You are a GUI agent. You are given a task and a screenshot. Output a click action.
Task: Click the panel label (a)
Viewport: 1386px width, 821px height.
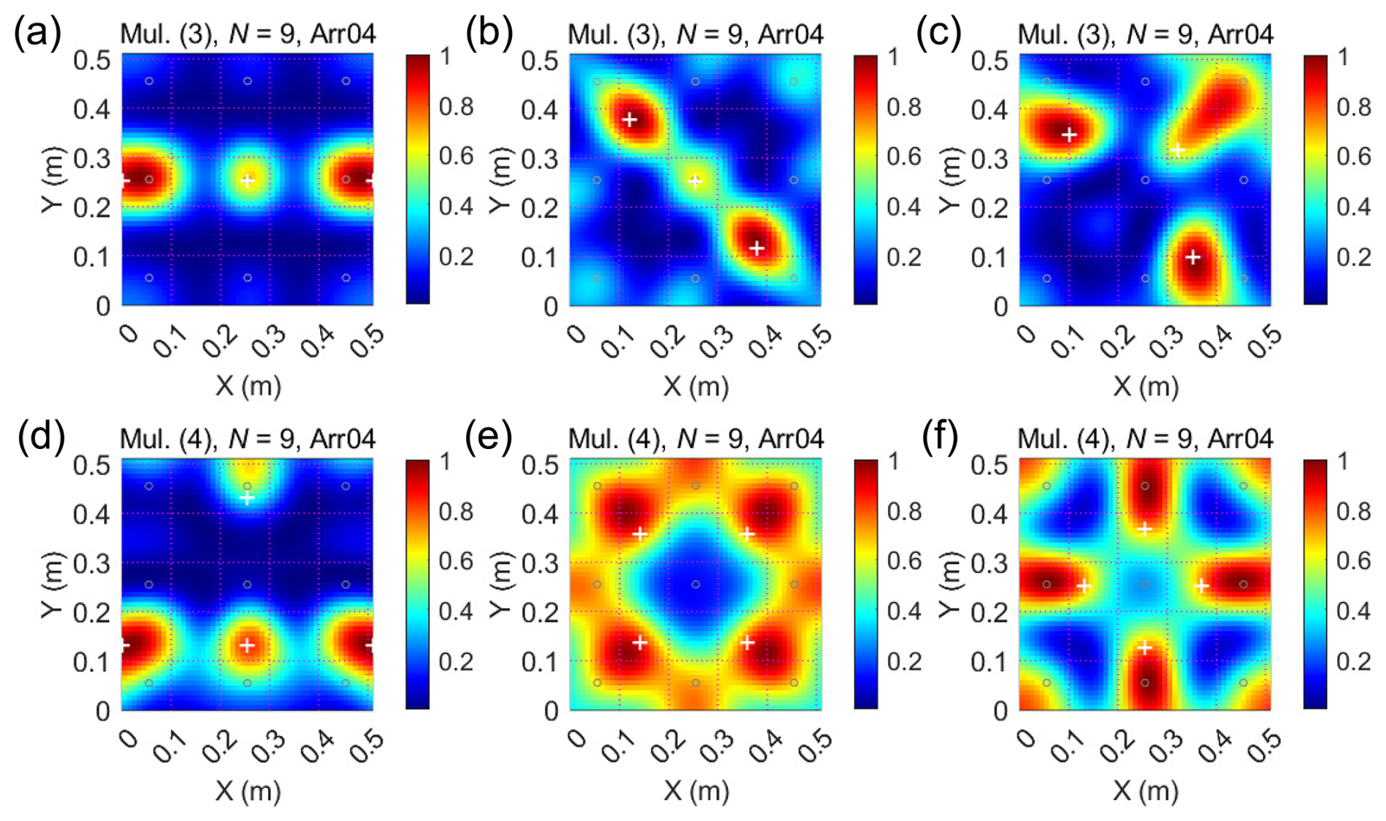(x=37, y=32)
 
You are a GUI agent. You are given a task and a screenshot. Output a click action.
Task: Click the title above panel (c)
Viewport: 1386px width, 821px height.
(x=1145, y=34)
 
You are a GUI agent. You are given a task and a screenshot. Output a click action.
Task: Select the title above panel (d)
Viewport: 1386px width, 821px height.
(x=248, y=439)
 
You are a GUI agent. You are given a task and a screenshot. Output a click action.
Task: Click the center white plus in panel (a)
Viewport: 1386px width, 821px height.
(x=248, y=180)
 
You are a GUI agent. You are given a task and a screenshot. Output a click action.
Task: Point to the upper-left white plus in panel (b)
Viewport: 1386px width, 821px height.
(x=629, y=119)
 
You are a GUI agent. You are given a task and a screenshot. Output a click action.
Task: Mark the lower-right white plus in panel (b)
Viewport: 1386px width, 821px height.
(x=757, y=248)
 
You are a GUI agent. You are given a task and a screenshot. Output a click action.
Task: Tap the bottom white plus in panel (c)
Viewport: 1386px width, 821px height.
(x=1193, y=257)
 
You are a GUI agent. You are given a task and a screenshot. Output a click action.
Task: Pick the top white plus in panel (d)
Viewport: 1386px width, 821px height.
(x=248, y=498)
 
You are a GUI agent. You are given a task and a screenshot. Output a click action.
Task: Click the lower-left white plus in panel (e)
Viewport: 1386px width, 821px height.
(x=640, y=642)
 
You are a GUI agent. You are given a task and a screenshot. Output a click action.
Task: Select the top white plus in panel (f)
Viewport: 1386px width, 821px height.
(x=1145, y=529)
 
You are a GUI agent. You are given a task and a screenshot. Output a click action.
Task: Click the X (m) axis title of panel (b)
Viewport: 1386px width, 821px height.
(x=696, y=385)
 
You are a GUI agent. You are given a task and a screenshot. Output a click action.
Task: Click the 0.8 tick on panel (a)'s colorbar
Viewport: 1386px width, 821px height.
(x=456, y=108)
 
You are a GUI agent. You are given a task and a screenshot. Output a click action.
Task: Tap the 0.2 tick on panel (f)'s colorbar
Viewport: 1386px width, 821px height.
(x=1353, y=661)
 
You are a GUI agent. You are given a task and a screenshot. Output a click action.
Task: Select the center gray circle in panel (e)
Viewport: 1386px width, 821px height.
(x=695, y=584)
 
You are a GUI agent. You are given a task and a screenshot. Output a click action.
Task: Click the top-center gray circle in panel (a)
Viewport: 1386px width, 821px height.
(x=248, y=81)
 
